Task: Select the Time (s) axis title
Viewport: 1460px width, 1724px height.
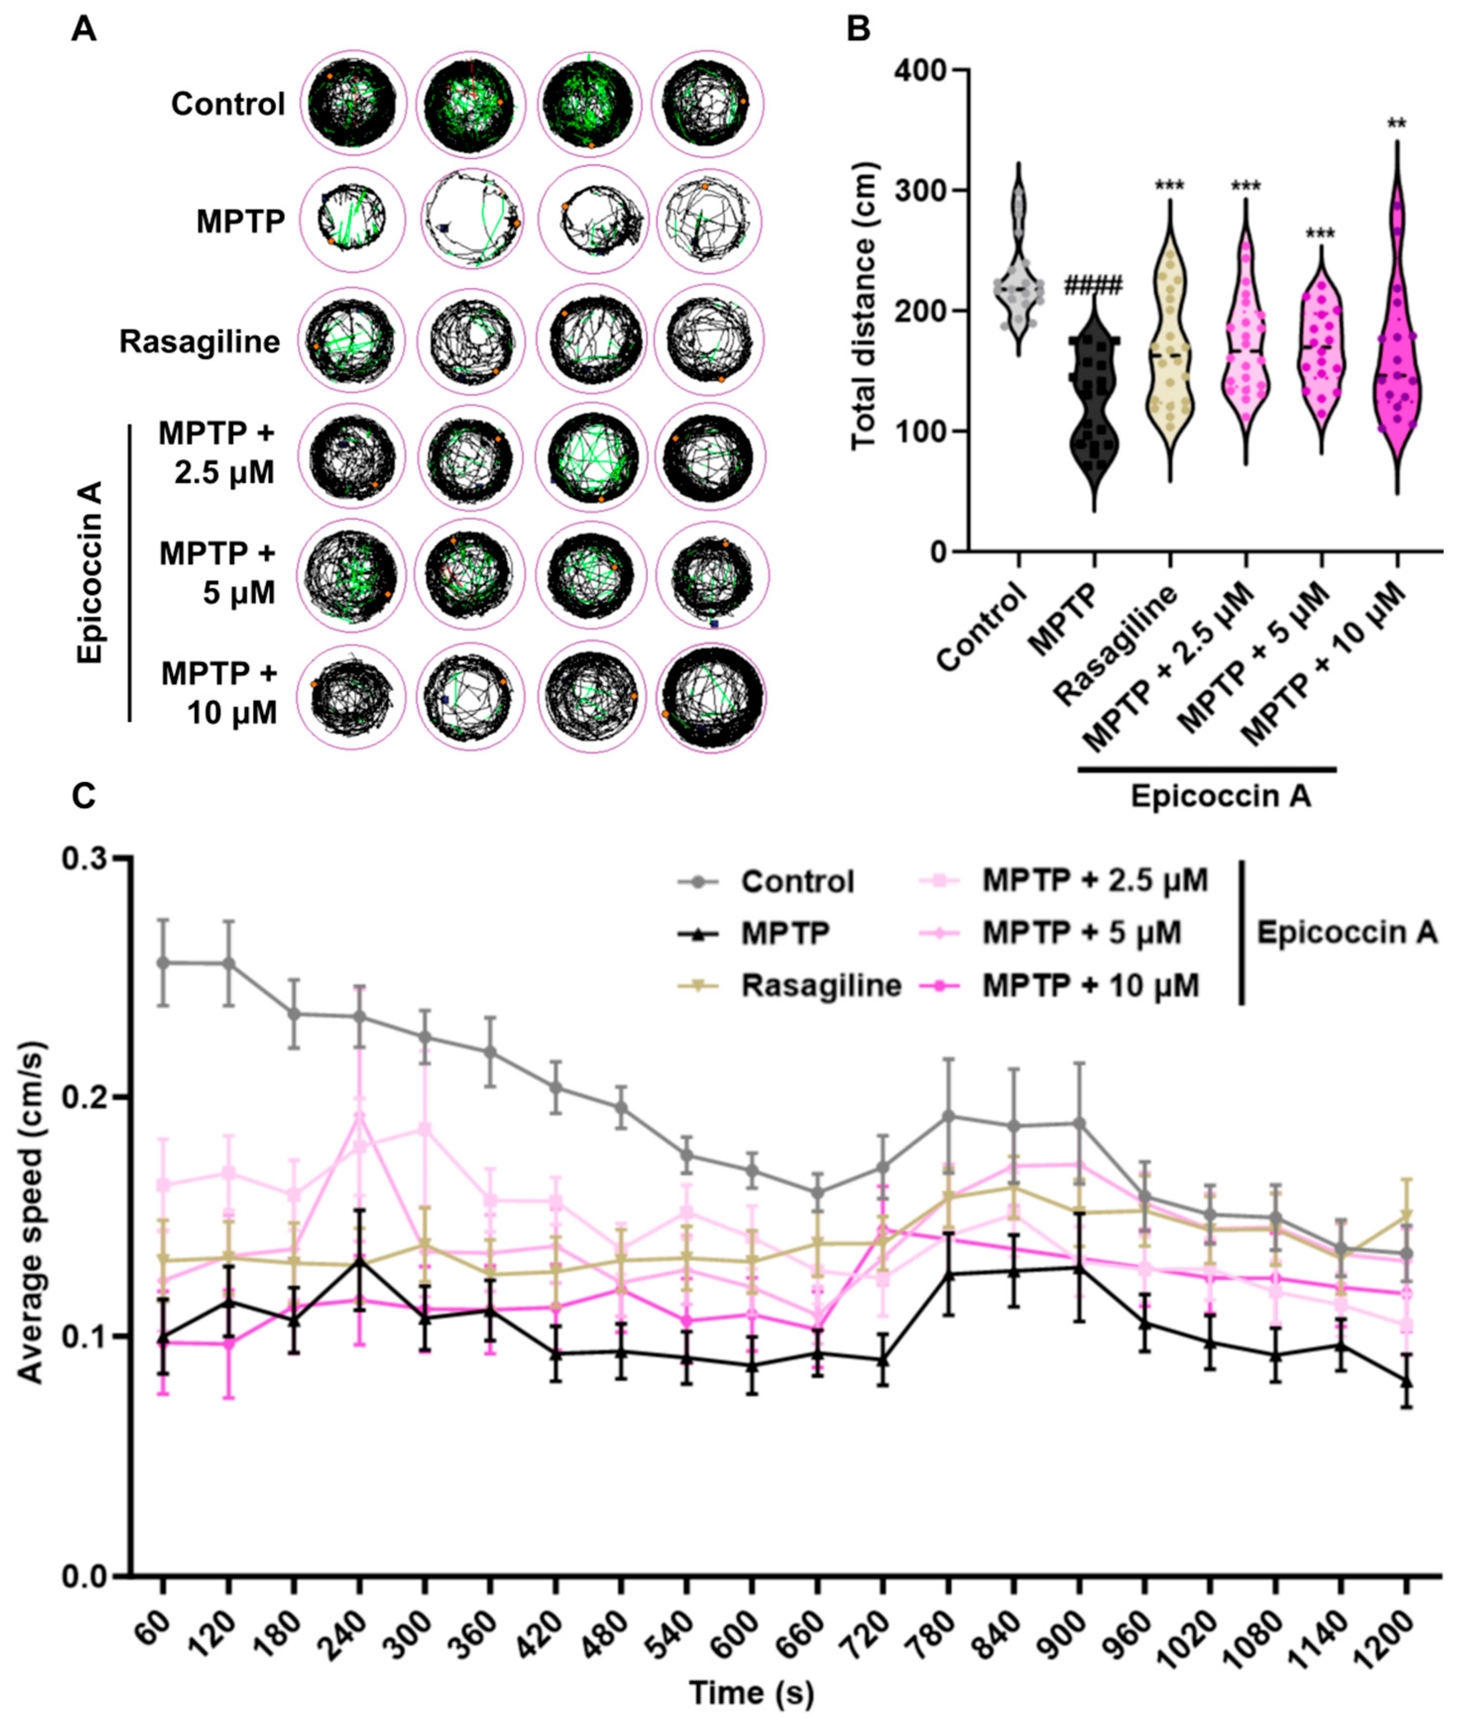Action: (x=752, y=1693)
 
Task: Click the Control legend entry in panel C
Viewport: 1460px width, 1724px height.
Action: (x=797, y=881)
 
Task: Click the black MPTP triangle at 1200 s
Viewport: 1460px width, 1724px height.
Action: (x=1405, y=1381)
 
